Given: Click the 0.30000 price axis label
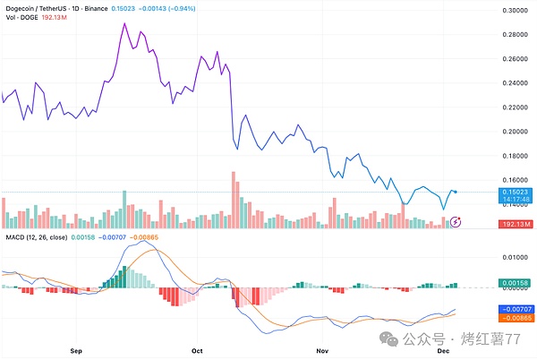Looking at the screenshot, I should click(x=514, y=11).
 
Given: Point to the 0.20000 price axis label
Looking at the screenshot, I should click(x=514, y=132).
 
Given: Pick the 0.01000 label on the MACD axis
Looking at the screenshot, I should click(x=514, y=257).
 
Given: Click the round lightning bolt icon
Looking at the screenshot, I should click(x=456, y=221).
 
